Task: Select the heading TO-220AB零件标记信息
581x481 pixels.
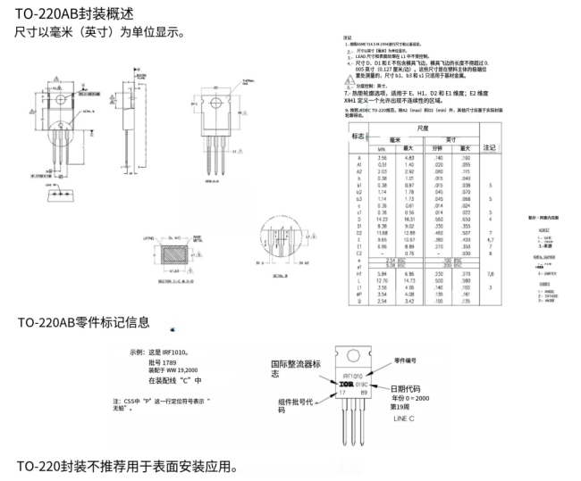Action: tap(83, 322)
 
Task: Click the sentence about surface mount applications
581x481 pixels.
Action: tap(128, 467)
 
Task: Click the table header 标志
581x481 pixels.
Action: tap(359, 137)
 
